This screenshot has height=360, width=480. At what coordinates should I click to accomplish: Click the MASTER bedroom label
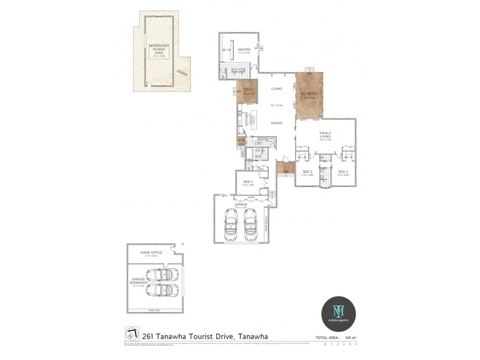point(244,50)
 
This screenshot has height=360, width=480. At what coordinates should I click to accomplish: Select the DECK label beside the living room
point(248,91)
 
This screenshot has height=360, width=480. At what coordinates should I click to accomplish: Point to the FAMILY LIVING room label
point(325,134)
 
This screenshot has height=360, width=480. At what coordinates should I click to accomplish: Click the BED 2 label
point(307,172)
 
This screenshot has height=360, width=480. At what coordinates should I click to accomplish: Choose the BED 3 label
point(343,172)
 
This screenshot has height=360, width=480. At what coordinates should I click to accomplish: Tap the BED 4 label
point(247,182)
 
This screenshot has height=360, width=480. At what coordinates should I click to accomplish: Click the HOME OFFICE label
point(151,253)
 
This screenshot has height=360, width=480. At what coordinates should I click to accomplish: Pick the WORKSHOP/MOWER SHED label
point(159,49)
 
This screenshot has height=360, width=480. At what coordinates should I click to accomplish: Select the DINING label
point(277,123)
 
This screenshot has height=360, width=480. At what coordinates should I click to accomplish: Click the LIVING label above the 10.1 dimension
point(277,89)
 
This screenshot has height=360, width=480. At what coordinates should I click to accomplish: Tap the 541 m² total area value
point(350,337)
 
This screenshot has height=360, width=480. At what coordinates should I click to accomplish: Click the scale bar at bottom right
point(340,344)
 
